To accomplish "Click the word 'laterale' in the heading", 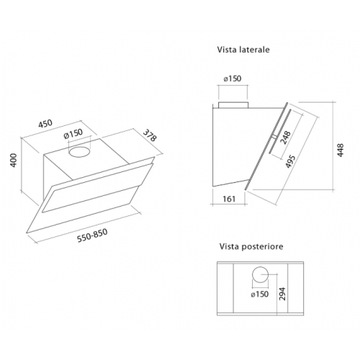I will [254, 52].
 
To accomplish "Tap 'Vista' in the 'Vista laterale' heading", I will [228, 52].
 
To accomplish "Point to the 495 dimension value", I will [290, 160].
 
